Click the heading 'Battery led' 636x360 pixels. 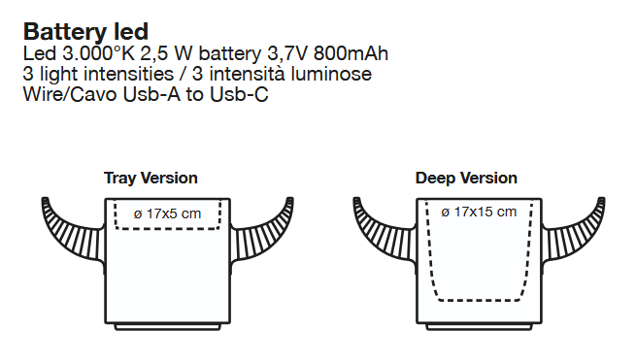pyautogui.click(x=86, y=32)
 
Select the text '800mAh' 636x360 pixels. pyautogui.click(x=351, y=53)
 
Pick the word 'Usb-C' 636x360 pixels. pyautogui.click(x=239, y=94)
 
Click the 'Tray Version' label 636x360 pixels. pyautogui.click(x=151, y=178)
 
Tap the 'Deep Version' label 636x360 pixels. pyautogui.click(x=466, y=178)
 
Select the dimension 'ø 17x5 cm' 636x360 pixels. pyautogui.click(x=167, y=213)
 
